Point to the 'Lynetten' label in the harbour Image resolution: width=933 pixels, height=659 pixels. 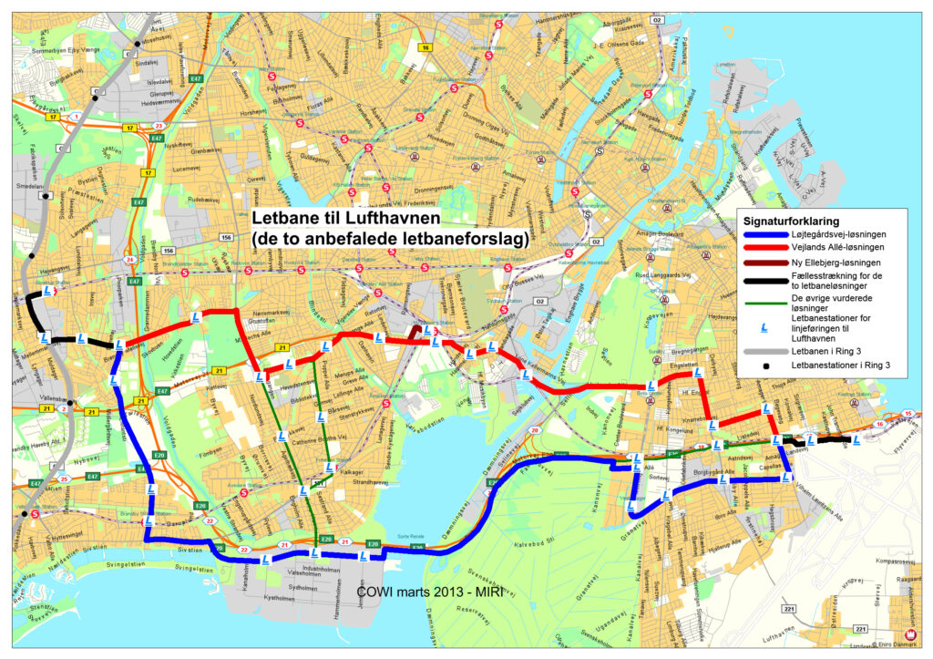pos(725,64)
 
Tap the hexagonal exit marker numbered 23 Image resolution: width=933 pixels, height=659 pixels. pos(159,126)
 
